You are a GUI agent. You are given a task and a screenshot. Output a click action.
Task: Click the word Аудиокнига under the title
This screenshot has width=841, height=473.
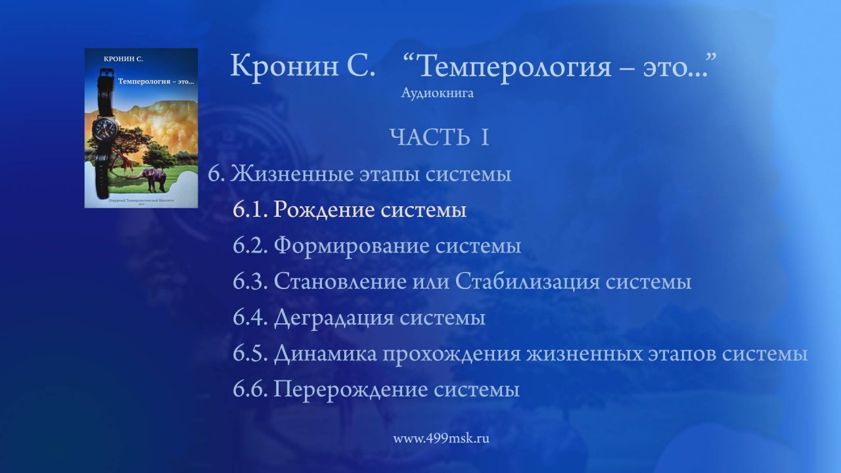437,94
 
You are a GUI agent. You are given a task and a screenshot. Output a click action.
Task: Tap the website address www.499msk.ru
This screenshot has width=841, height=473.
442,439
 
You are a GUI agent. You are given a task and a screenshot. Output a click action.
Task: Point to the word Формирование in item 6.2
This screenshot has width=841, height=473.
352,246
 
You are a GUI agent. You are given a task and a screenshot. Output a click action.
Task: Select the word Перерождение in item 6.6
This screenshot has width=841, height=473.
352,390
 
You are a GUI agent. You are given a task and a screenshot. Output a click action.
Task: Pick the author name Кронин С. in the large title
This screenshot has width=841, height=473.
302,66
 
